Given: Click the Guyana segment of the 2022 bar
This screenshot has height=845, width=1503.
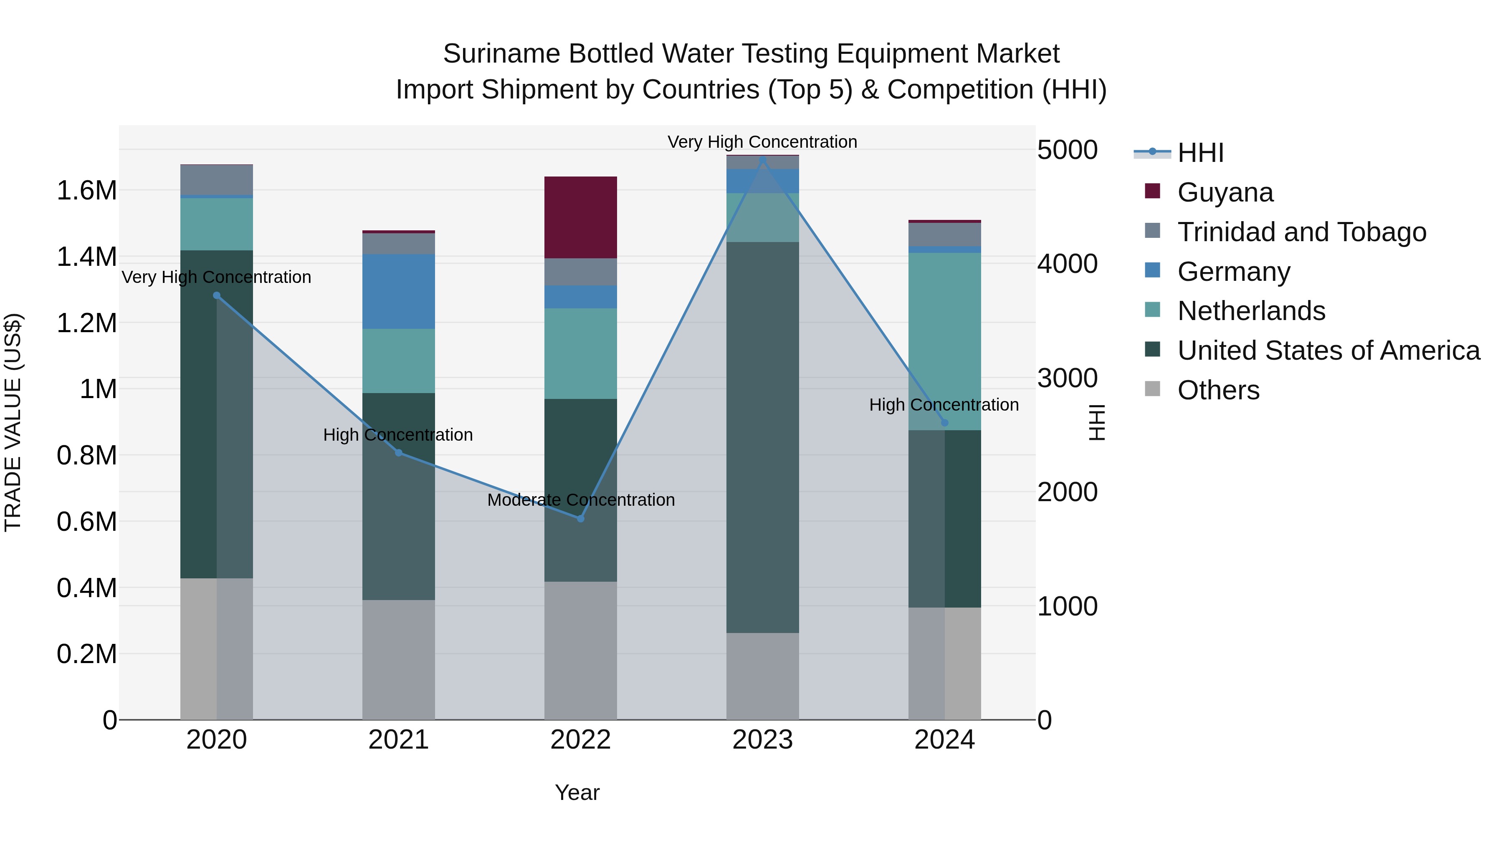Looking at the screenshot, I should point(581,217).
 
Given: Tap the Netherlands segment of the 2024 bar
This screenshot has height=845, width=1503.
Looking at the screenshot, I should point(945,341).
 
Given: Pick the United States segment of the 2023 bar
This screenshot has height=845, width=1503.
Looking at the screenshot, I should point(763,437).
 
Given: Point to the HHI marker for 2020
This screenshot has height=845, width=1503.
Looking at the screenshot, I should point(216,296).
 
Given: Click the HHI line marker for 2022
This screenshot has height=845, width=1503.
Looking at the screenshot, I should point(581,518).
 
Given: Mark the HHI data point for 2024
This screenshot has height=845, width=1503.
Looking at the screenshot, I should point(945,423).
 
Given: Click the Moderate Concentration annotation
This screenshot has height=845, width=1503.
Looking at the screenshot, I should point(581,500).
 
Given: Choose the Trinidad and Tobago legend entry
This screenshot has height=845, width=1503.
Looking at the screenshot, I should point(1301,232).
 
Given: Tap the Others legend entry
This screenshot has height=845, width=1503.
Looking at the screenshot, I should point(1218,390).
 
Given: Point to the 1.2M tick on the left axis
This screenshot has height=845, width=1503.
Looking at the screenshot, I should point(86,323).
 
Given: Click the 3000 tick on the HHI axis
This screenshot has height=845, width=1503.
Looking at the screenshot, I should point(1067,378).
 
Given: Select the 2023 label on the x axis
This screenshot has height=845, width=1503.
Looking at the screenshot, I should point(763,740).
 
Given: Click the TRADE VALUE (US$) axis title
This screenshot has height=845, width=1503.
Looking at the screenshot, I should point(13,422).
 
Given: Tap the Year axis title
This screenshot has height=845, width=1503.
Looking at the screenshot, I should point(577,792).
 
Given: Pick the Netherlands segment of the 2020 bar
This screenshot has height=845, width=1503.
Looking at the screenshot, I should point(216,224).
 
